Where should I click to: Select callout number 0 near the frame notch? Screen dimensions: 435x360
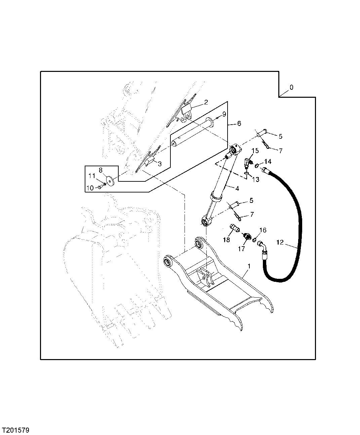click(x=291, y=87)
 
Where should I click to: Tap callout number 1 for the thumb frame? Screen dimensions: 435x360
click(x=249, y=266)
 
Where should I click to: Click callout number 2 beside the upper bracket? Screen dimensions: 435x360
click(x=206, y=102)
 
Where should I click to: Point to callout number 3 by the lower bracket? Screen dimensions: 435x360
click(x=160, y=164)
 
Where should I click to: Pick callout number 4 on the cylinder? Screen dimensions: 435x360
click(x=237, y=188)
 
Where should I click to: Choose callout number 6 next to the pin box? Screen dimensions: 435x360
click(x=239, y=124)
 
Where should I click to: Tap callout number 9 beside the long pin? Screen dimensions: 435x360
click(x=224, y=114)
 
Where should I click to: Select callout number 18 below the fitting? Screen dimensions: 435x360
click(x=226, y=240)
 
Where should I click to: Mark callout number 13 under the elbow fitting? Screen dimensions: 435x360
click(x=255, y=179)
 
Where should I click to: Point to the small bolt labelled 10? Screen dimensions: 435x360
click(x=99, y=187)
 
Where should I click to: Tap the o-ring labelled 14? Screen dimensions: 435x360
click(x=257, y=165)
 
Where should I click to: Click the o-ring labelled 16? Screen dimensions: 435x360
click(x=255, y=240)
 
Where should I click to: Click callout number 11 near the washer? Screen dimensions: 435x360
click(x=92, y=175)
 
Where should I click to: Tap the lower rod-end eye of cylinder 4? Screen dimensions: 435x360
click(x=205, y=221)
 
